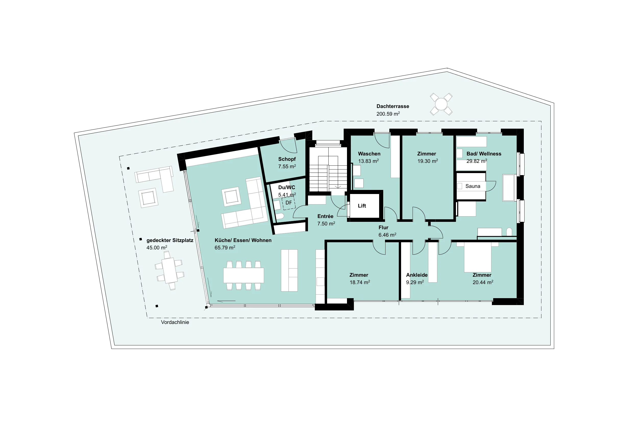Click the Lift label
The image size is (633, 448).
point(362,206)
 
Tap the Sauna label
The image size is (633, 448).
point(473,186)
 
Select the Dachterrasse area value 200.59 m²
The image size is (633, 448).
point(388,114)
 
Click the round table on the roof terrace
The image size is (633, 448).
point(441,104)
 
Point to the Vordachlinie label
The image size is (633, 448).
point(175,322)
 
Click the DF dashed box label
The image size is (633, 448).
point(289,203)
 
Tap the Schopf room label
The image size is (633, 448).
point(287,159)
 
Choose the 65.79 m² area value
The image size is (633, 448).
point(225,248)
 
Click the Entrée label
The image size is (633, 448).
point(325,216)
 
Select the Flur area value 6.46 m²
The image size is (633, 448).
point(387,235)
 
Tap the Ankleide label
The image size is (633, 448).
point(417,275)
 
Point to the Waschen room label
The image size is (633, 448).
point(369,154)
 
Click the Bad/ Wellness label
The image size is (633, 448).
point(484,154)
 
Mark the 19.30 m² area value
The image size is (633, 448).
point(428,161)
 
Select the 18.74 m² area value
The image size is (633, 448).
point(360,282)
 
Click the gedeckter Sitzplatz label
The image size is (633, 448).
point(170,240)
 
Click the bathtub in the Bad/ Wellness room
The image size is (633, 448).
point(509,188)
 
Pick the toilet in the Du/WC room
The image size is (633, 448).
point(280,217)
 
